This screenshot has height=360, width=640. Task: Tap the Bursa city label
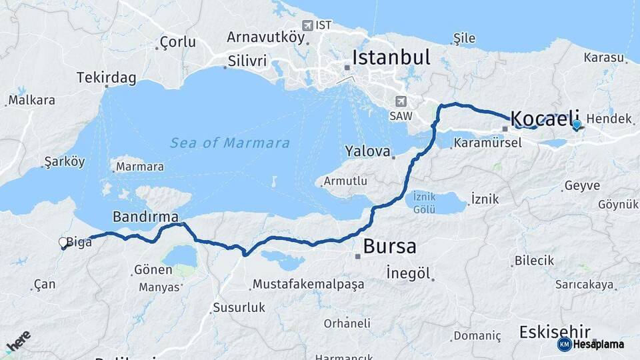(x=389, y=246)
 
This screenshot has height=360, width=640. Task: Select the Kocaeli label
(x=545, y=119)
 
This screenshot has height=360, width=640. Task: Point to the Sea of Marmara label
(x=230, y=143)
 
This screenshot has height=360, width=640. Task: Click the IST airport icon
(x=307, y=25)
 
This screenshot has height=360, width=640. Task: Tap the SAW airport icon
(x=401, y=101)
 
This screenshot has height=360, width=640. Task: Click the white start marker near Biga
(x=63, y=243)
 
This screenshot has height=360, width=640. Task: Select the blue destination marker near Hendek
(x=577, y=125)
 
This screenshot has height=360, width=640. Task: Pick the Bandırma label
(x=145, y=217)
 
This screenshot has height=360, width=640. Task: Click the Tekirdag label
(x=106, y=77)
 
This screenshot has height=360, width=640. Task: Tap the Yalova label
(x=367, y=151)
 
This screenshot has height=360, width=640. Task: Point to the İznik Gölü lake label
(x=424, y=203)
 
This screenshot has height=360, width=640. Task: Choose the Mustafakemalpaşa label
(x=309, y=285)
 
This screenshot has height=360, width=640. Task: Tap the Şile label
(x=464, y=37)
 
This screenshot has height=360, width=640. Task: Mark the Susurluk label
(x=239, y=307)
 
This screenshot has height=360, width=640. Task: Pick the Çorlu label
(x=178, y=42)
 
